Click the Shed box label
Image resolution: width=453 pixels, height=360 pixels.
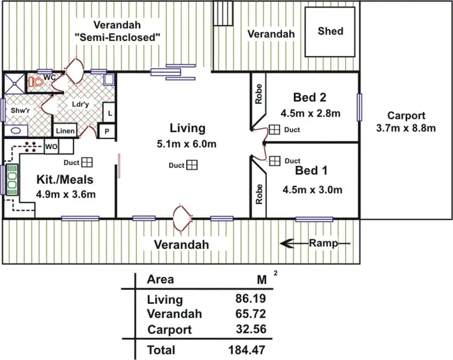(x=330, y=31)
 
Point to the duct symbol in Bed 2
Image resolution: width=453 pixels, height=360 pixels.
(x=274, y=130)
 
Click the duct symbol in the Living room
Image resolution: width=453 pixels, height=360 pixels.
(x=193, y=165)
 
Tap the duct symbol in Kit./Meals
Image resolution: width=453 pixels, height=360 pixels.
(x=87, y=162)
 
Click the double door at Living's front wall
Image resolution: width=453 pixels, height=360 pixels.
(x=182, y=216)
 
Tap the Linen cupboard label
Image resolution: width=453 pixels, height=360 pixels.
(x=65, y=131)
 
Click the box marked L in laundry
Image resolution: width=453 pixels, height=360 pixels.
(x=110, y=113)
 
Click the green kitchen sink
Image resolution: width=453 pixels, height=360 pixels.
(x=11, y=180)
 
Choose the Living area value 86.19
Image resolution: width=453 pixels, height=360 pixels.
(x=250, y=298)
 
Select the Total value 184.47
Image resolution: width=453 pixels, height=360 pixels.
(x=247, y=350)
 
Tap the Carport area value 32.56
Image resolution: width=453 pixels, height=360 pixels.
(x=250, y=329)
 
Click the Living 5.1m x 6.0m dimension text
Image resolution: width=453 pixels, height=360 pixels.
(x=187, y=144)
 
